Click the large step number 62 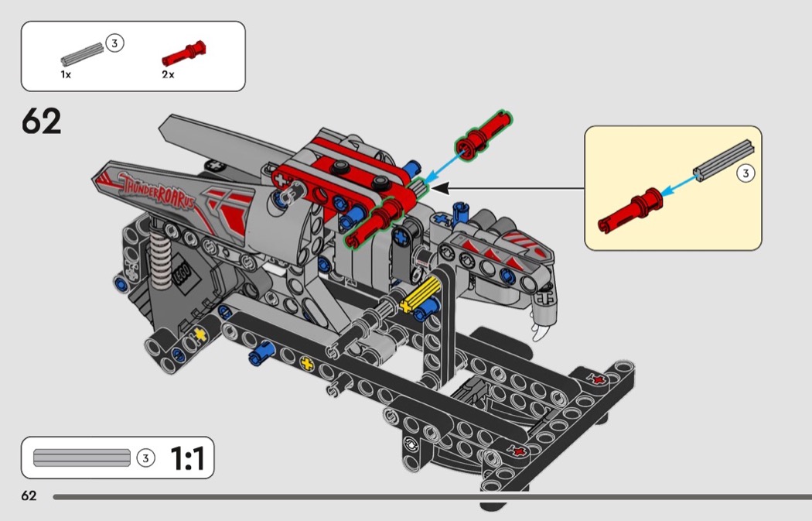pos(42,122)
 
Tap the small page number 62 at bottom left pos(29,495)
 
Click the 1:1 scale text pos(187,458)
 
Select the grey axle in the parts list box pos(82,55)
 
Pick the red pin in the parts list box pos(184,53)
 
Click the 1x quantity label pos(66,74)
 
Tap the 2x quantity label pos(168,74)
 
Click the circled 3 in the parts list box pos(114,43)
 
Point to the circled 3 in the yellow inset pos(745,173)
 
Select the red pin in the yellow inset pos(629,210)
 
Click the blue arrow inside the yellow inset pos(680,186)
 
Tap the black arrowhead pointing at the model pos(441,188)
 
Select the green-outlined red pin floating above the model pos(483,134)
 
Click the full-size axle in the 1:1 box pos(82,458)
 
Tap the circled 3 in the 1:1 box pos(145,458)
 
